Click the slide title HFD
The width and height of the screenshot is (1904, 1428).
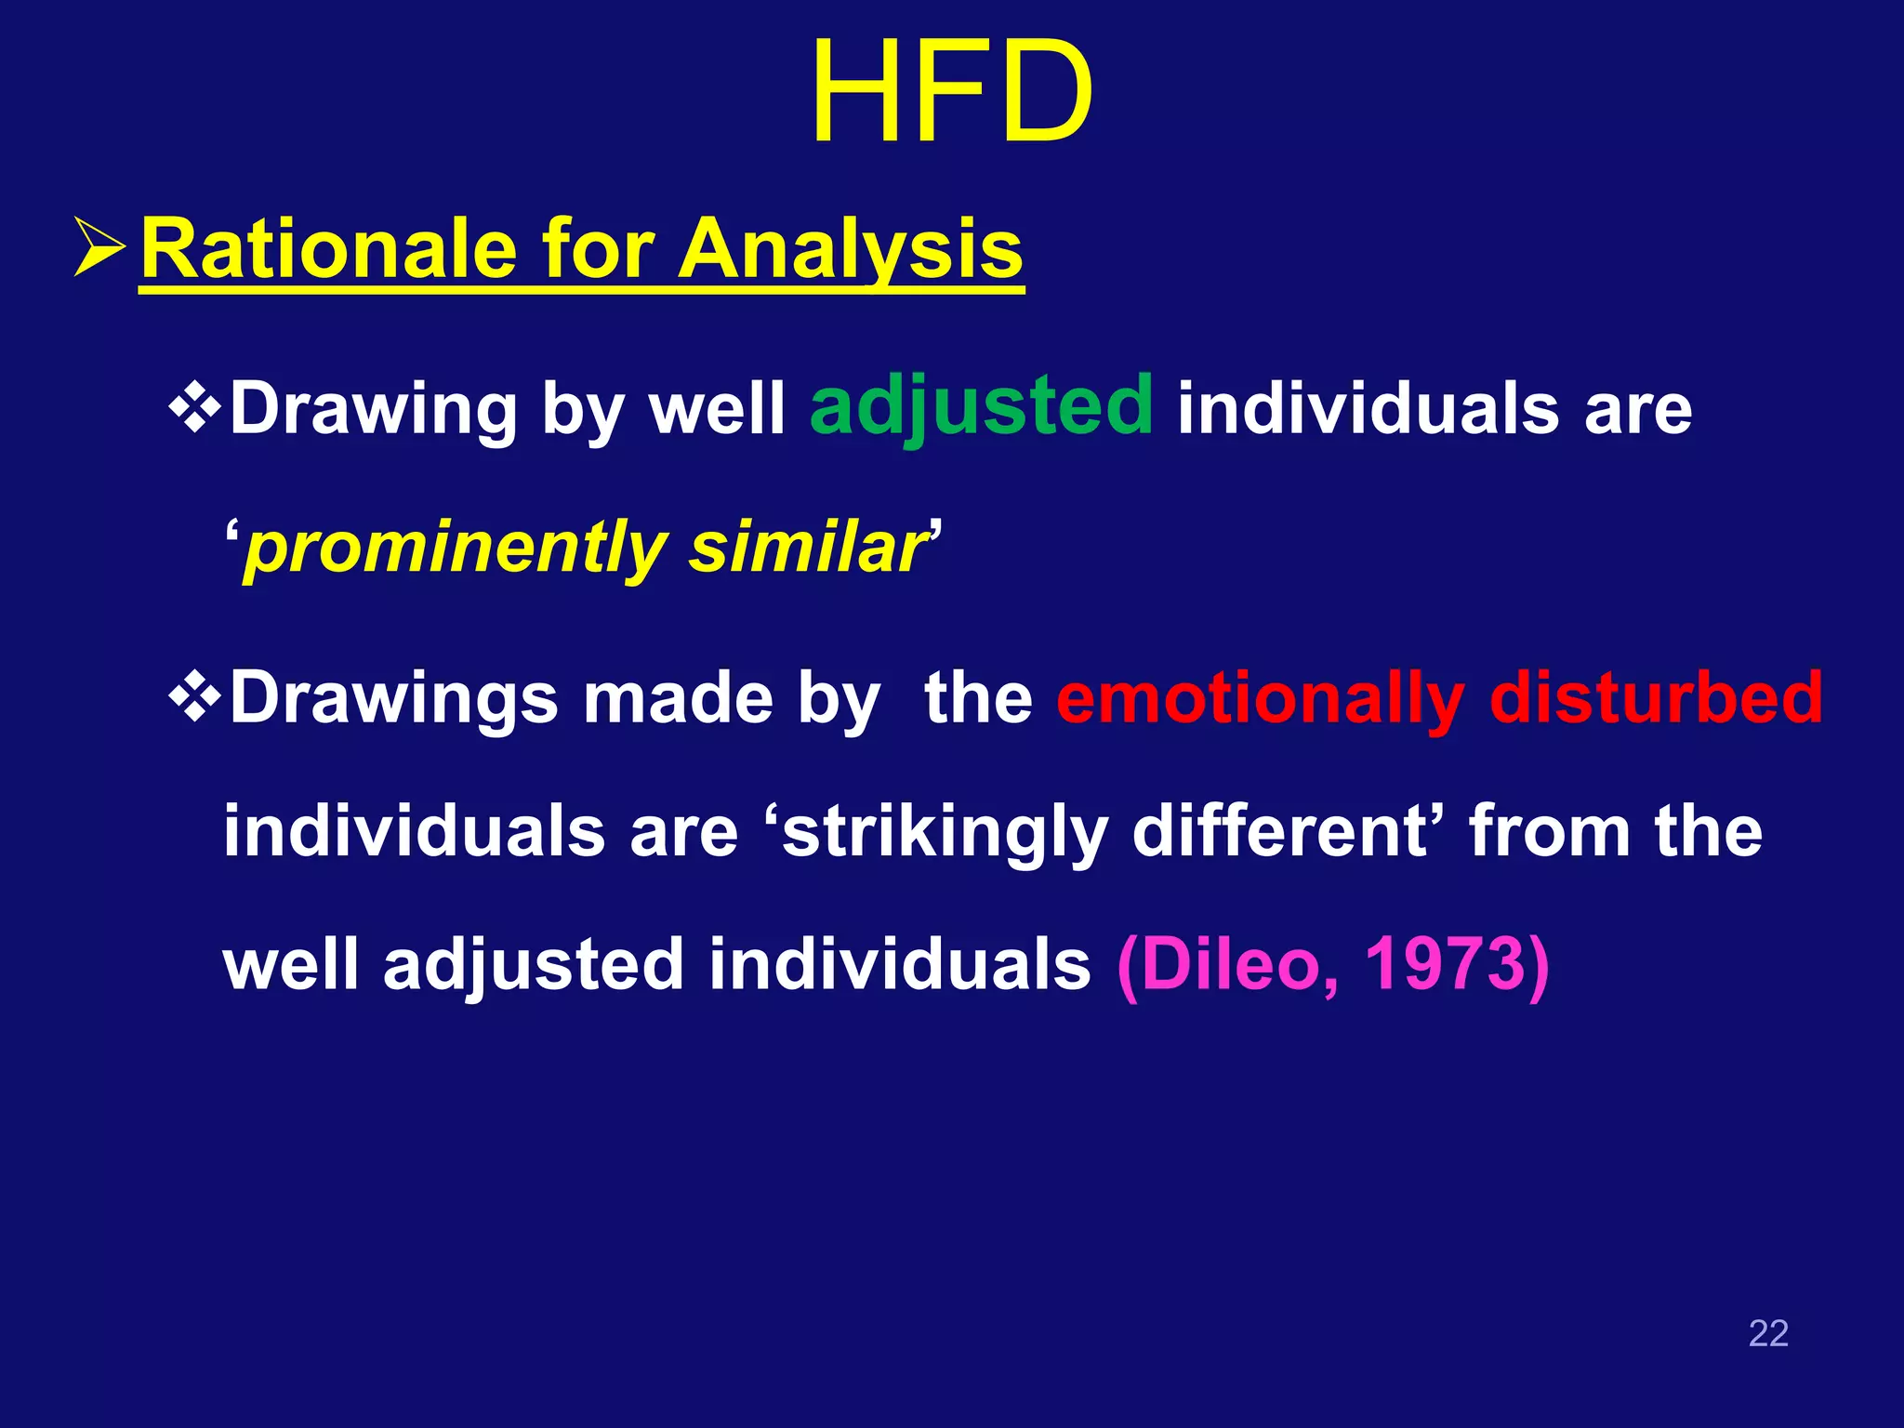(951, 93)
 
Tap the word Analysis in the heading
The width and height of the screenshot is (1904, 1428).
(850, 249)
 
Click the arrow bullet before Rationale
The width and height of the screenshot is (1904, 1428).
(99, 249)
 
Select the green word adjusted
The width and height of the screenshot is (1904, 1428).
(981, 407)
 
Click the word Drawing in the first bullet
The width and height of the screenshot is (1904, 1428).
(373, 409)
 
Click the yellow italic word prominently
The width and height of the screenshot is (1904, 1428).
(455, 549)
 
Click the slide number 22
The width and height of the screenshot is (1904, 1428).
(1768, 1333)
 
